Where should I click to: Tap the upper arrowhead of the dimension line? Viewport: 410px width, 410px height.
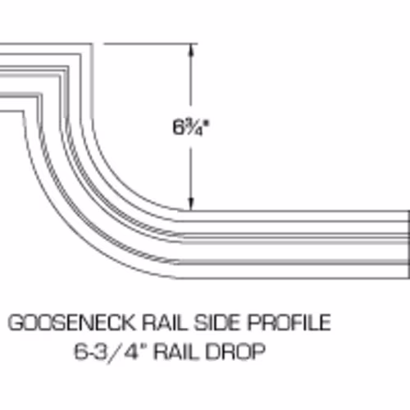191,50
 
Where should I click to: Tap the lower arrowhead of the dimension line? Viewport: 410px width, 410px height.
191,203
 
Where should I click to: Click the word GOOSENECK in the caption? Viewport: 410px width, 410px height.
72,322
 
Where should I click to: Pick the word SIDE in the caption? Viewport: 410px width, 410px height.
217,322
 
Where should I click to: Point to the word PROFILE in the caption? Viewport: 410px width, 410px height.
289,322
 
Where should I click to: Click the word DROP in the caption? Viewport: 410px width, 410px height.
235,352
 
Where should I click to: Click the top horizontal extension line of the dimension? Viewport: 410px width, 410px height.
151,43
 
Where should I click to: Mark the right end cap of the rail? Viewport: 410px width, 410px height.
408,244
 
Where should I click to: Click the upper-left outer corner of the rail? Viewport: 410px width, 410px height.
92,43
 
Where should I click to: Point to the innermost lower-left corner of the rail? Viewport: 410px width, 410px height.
23,111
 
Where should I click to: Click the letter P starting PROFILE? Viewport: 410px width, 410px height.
253,322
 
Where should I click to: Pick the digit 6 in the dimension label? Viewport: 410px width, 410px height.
178,127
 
